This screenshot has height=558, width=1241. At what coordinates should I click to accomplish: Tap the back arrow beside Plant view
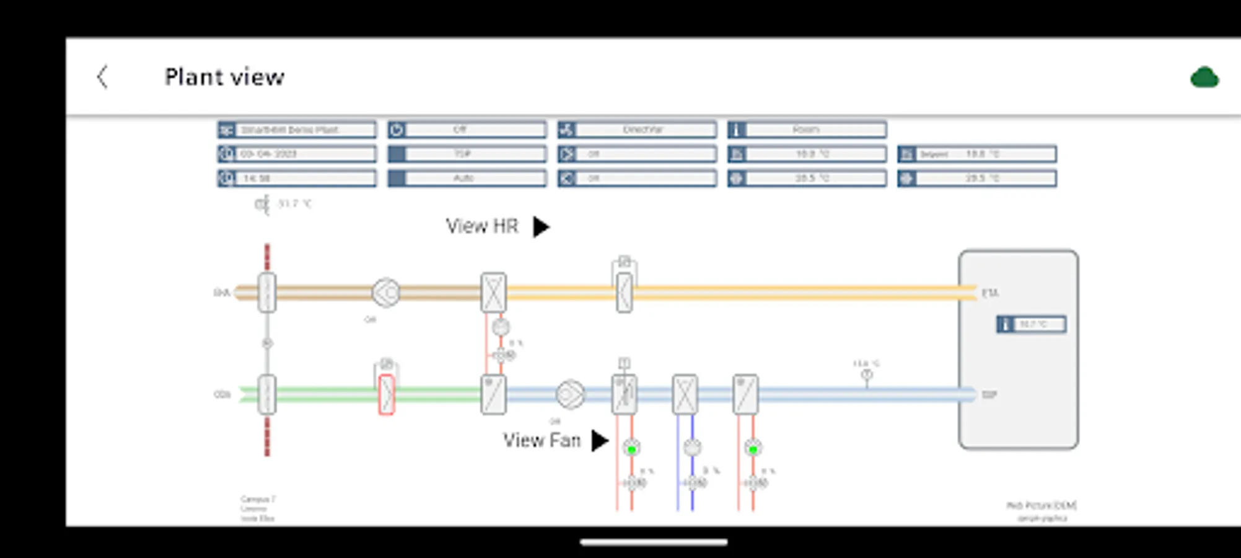pyautogui.click(x=103, y=77)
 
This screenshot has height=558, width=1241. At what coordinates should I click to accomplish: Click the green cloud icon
pyautogui.click(x=1204, y=78)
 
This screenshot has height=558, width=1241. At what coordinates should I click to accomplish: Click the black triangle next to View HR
pyautogui.click(x=542, y=227)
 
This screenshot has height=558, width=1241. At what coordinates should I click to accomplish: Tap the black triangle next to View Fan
pyautogui.click(x=599, y=441)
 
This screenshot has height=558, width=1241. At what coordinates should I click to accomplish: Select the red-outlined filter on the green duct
pyautogui.click(x=387, y=394)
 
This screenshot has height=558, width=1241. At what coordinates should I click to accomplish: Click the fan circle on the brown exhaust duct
pyautogui.click(x=385, y=293)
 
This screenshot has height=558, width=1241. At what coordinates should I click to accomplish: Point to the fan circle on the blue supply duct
pyautogui.click(x=570, y=395)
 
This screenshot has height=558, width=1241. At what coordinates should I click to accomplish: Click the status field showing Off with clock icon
pyautogui.click(x=467, y=130)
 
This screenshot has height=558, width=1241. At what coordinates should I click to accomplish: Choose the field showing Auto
pyautogui.click(x=467, y=179)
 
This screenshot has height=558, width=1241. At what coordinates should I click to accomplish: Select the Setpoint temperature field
pyautogui.click(x=977, y=154)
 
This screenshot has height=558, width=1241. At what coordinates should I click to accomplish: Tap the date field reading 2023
pyautogui.click(x=297, y=154)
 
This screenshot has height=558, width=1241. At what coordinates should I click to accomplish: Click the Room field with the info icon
pyautogui.click(x=807, y=130)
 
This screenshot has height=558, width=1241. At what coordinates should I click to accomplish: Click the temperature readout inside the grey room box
pyautogui.click(x=1032, y=324)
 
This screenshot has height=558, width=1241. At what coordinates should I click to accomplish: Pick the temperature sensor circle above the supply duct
pyautogui.click(x=867, y=374)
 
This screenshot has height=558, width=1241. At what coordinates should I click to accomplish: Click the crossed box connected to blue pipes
pyautogui.click(x=685, y=394)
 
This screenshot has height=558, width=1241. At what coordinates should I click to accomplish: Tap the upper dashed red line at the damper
pyautogui.click(x=267, y=257)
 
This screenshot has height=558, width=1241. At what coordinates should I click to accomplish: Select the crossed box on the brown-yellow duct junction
pyautogui.click(x=493, y=292)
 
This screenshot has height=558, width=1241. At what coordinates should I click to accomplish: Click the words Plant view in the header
pyautogui.click(x=224, y=77)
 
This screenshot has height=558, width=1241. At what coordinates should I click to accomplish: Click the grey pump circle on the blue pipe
pyautogui.click(x=692, y=447)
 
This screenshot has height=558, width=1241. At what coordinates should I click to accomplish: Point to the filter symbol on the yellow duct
pyautogui.click(x=625, y=292)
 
